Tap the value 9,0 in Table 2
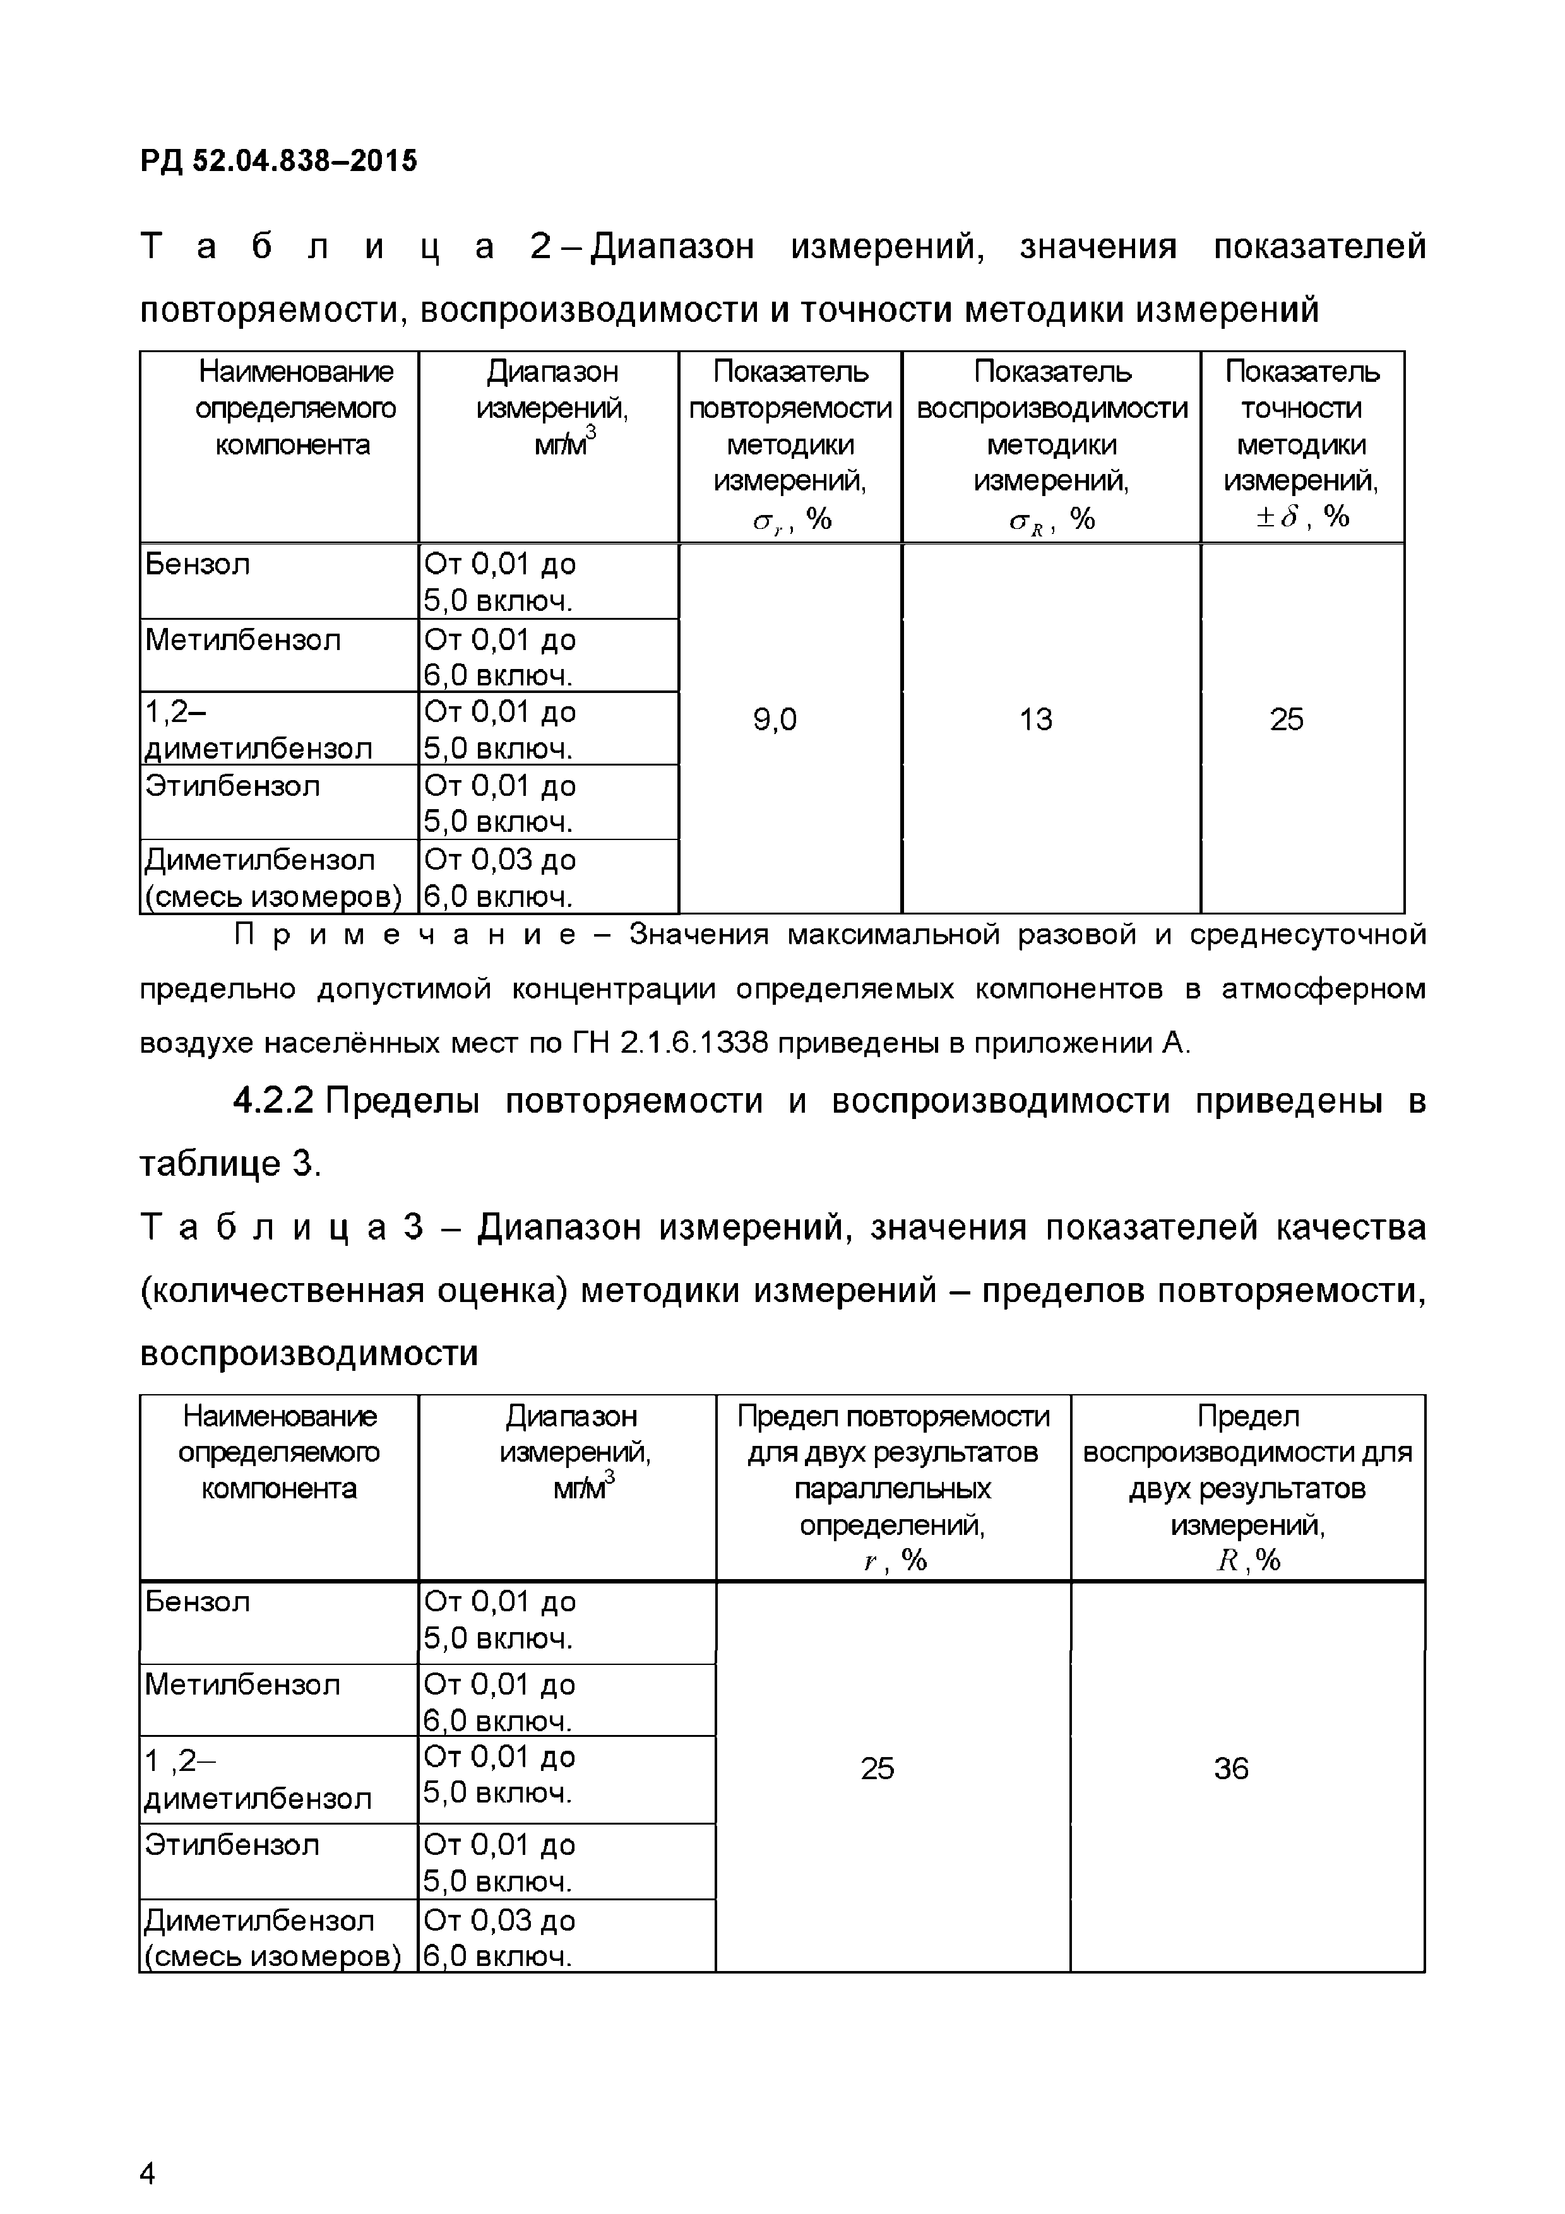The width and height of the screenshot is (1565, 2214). tap(775, 719)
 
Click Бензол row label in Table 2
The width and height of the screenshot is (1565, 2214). tap(198, 564)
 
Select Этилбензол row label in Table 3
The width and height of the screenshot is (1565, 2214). tap(232, 1845)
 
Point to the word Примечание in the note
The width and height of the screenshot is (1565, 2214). tap(406, 935)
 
